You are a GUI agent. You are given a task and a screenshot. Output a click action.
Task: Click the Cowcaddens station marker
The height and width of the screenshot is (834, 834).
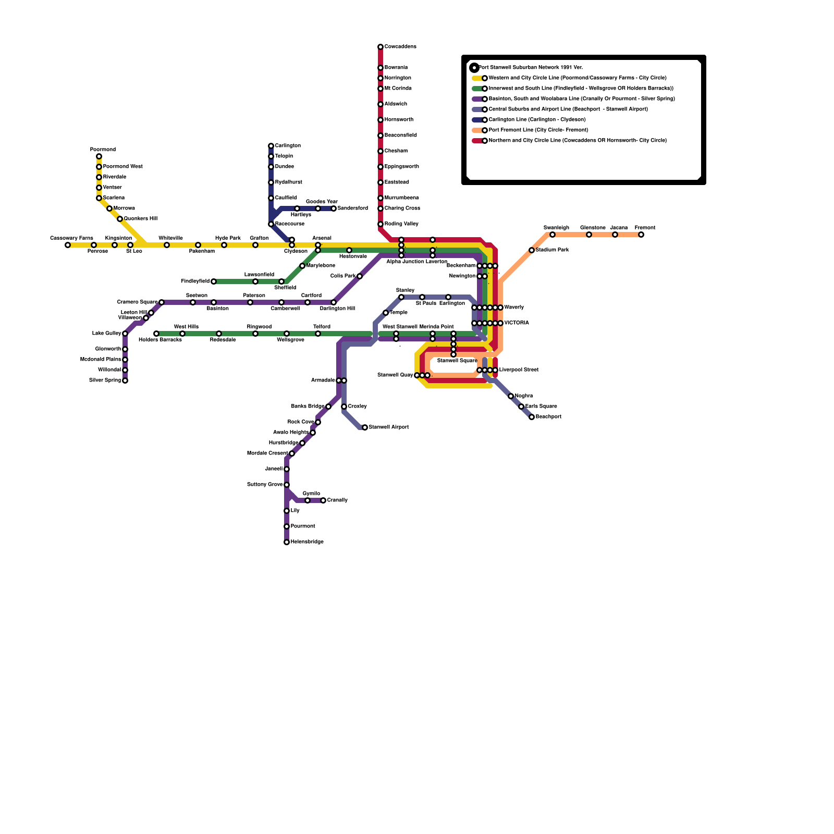pos(381,47)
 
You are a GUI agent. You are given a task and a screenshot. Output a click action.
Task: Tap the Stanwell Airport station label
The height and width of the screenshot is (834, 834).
pos(388,427)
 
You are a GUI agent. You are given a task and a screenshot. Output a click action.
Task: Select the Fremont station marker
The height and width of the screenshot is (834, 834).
pos(641,235)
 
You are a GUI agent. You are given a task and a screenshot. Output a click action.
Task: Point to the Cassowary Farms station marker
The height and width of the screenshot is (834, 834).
pos(68,245)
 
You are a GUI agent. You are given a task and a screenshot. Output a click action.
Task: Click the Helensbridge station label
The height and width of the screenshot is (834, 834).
pos(307,542)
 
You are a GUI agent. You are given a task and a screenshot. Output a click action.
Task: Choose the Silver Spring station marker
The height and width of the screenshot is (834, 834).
pos(125,381)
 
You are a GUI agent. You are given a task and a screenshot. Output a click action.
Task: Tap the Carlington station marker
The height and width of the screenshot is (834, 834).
pos(271,146)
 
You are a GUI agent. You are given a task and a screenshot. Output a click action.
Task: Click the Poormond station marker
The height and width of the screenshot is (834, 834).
pos(99,156)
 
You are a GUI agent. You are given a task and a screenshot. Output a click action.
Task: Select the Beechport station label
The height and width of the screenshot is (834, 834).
pos(548,417)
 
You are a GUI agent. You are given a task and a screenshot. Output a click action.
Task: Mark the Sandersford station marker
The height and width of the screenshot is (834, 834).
pos(334,208)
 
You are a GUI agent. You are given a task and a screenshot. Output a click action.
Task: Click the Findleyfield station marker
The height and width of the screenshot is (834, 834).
pos(214,281)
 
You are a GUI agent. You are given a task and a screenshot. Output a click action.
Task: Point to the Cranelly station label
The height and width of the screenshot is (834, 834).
pos(337,500)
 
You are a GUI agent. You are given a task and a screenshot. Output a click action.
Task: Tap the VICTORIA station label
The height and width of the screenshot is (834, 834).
pos(516,323)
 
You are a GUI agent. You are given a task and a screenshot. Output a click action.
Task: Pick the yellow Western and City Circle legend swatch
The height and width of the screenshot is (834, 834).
pos(476,78)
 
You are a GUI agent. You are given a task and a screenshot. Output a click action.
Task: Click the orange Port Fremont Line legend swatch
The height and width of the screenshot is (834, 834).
pos(476,130)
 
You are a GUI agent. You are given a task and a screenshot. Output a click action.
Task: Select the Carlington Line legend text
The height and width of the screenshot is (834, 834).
pos(537,120)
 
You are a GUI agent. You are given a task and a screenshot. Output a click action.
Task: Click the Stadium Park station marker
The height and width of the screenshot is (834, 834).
pos(532,250)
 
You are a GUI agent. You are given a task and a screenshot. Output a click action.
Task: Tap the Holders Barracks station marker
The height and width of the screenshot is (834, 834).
pos(156,334)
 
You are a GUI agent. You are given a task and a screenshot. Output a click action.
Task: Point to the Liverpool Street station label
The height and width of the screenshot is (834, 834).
pos(518,370)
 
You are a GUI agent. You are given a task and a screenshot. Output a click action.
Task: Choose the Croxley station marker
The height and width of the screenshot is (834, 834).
pos(344,407)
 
